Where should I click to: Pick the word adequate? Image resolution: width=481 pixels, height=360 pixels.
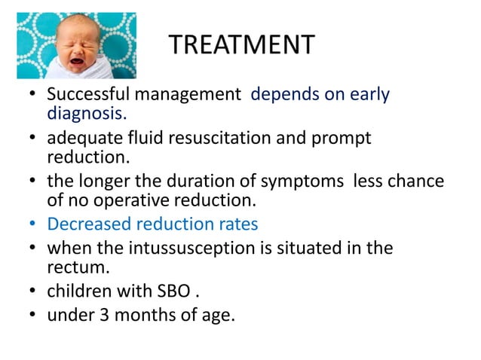click(78, 139)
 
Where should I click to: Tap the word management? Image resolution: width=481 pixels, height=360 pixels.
click(187, 96)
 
